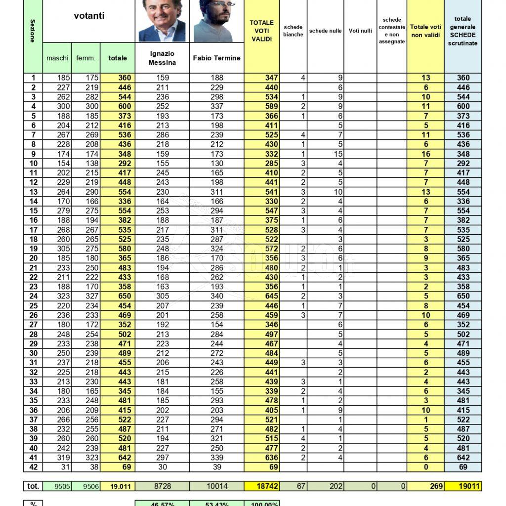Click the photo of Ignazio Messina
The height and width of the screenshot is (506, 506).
(x=162, y=21)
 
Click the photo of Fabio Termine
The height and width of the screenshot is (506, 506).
(x=216, y=22)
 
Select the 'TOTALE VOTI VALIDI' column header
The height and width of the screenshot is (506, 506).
(x=261, y=31)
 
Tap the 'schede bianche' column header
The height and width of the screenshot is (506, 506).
(x=293, y=31)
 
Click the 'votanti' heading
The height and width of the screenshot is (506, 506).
(x=89, y=16)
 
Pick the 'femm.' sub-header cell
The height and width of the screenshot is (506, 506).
(x=86, y=58)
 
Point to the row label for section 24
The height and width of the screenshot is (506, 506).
(x=33, y=296)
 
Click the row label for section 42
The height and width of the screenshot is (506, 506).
(x=33, y=467)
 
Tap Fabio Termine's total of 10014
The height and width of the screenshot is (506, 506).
(x=216, y=486)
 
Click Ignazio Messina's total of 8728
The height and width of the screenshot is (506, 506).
(x=162, y=486)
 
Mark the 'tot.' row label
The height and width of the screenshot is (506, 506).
(x=33, y=486)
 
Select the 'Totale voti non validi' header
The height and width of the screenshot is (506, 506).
(x=425, y=31)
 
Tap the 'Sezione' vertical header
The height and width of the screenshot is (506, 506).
(x=33, y=31)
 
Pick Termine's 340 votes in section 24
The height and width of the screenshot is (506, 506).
(x=216, y=296)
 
